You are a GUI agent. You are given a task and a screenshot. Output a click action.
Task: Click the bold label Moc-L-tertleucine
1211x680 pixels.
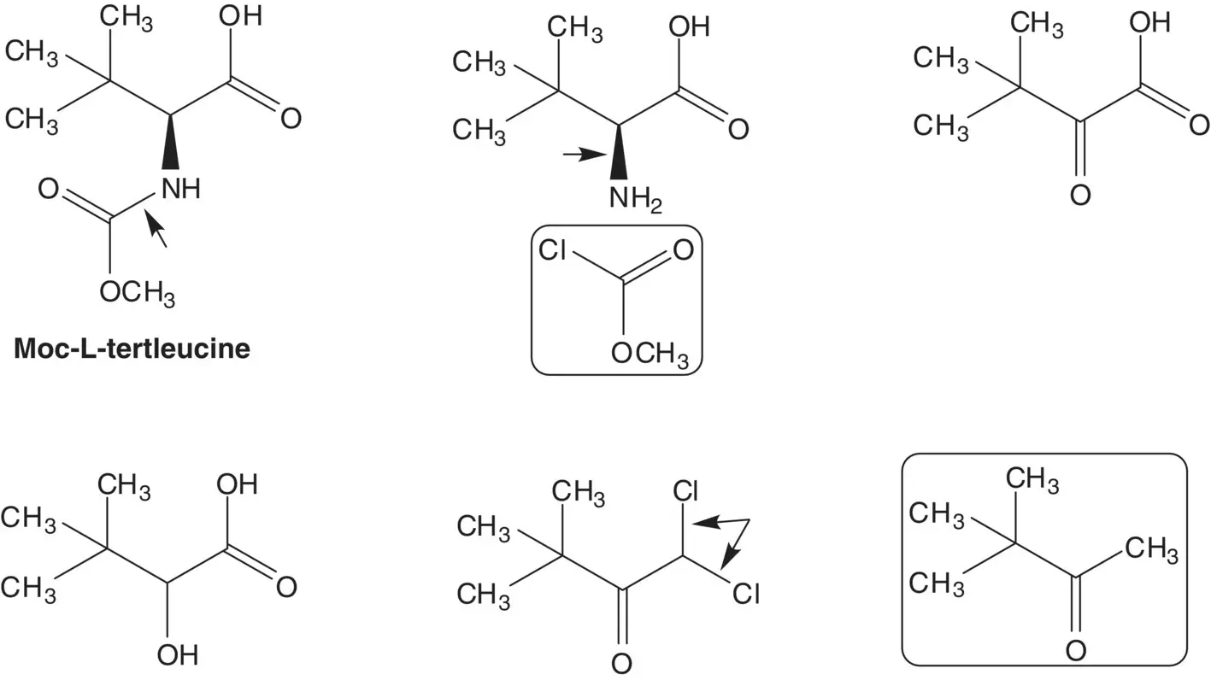pos(132,349)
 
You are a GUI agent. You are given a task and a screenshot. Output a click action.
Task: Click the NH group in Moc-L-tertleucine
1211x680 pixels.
pos(179,189)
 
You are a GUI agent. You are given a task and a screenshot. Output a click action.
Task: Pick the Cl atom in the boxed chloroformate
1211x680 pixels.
pos(554,250)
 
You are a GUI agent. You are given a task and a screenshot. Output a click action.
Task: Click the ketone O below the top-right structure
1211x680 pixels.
pos(1080,196)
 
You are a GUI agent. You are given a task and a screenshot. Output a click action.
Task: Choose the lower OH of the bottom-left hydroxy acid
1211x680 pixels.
pos(178,655)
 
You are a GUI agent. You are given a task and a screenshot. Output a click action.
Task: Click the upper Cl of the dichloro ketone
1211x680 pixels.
pos(685,491)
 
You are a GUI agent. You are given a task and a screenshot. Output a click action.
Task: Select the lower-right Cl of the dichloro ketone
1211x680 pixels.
pos(745,593)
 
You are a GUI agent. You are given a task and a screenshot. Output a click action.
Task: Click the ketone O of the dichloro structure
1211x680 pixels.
pos(622,663)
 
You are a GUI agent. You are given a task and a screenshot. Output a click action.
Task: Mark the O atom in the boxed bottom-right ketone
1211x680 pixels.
pos(1076,650)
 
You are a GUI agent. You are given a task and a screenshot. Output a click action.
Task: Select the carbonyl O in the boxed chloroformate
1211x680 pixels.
pos(682,250)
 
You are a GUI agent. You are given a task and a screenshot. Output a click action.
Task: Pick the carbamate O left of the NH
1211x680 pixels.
pos(50,189)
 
